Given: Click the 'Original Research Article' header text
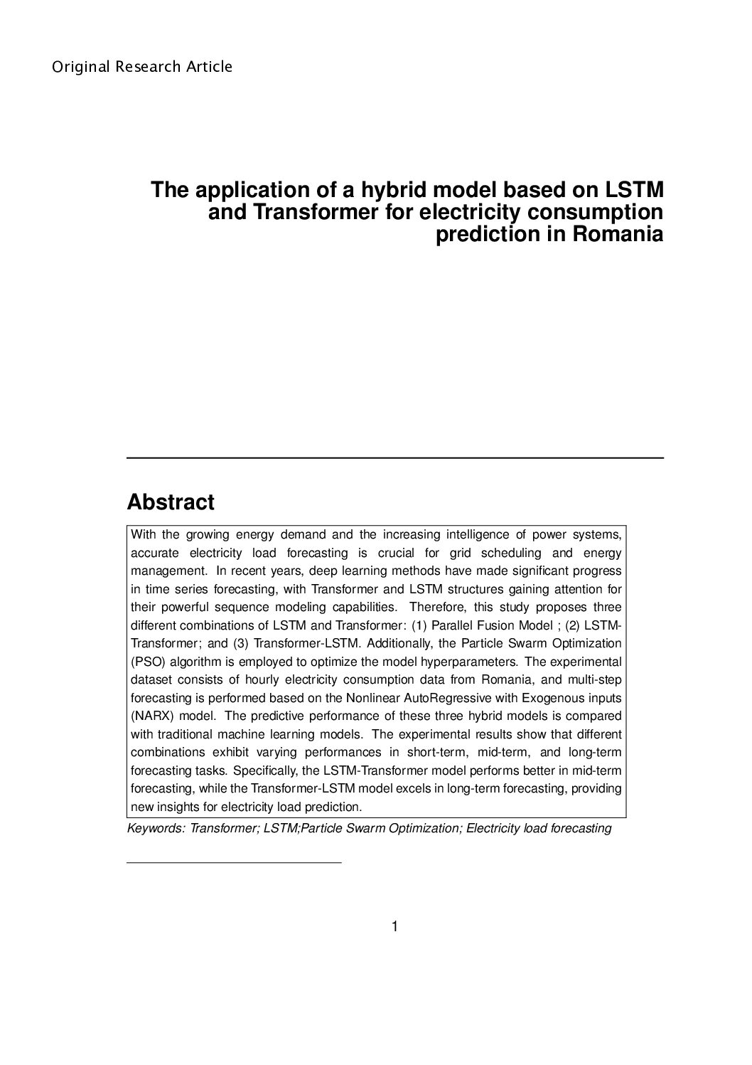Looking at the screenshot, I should click(142, 67).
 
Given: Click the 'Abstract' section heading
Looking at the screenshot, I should click(170, 502).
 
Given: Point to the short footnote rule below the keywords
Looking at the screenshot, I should click(234, 863).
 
